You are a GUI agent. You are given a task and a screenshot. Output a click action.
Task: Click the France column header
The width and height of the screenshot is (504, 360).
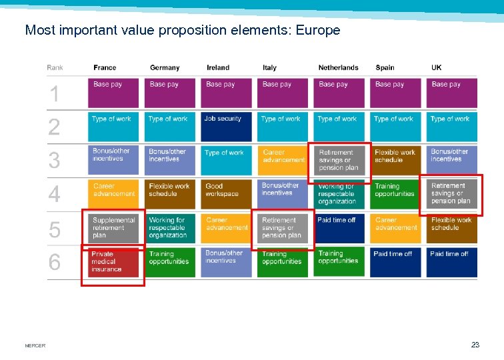pos(105,67)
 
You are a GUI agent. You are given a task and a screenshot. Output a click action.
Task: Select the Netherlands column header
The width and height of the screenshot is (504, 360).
pos(338,67)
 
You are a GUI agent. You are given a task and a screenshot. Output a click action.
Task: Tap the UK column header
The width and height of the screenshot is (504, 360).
pos(436,67)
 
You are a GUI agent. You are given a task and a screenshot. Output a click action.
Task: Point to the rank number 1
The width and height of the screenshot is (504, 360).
pos(54,94)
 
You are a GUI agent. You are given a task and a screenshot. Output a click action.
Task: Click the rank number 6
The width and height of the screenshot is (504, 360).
pos(54,263)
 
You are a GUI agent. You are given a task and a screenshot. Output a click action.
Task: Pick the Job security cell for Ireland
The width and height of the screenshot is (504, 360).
pos(226,127)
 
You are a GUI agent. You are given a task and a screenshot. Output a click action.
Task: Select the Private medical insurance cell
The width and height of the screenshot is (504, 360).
pos(113,263)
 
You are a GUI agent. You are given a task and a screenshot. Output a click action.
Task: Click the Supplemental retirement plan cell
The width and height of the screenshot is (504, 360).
pos(113,228)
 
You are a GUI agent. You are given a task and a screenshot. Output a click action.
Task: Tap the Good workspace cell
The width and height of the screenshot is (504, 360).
pos(226,194)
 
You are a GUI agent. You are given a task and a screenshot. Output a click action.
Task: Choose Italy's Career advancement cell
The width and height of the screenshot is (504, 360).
pos(283,160)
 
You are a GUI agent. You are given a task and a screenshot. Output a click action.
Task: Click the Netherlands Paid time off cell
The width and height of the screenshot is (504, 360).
pos(339,228)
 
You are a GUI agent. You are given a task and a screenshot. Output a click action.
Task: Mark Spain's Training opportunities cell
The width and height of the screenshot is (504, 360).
pos(395,194)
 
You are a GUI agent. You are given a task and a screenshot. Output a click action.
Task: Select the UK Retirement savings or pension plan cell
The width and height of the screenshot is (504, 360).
pos(451,194)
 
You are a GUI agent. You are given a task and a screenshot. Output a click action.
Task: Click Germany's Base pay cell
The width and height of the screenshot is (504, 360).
pos(169,93)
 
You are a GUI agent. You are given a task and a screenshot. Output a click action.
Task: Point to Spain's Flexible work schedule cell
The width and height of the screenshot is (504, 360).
pos(395,160)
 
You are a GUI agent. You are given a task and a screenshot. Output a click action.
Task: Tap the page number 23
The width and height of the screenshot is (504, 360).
pos(475,345)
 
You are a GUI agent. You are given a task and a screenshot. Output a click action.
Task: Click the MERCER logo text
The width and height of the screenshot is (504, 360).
pos(35,345)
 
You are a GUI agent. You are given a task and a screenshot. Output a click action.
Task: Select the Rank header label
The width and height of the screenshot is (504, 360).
pos(55,67)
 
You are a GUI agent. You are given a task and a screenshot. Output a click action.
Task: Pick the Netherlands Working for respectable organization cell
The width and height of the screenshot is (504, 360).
pos(339,194)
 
